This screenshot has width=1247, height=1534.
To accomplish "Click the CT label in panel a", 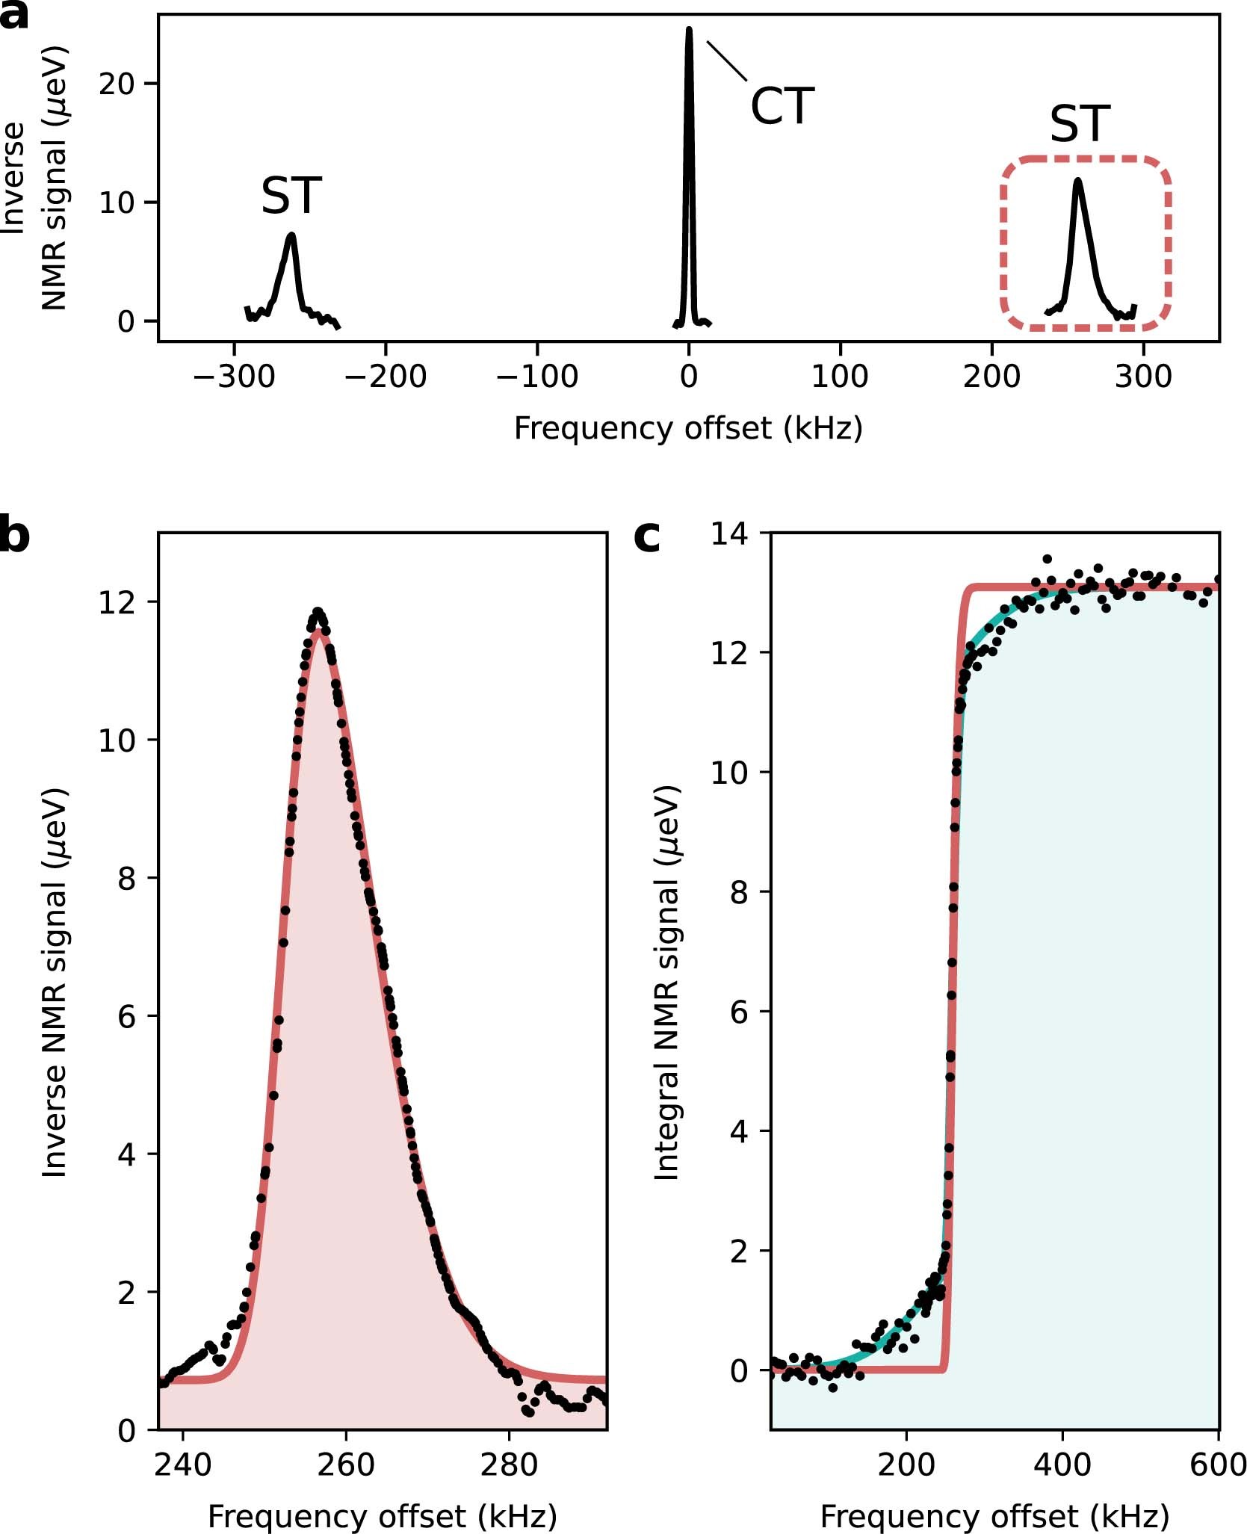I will [782, 106].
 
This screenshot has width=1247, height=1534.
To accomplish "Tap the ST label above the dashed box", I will [1080, 124].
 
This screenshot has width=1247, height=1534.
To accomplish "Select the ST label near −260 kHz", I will [291, 196].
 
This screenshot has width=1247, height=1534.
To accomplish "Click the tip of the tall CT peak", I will [689, 31].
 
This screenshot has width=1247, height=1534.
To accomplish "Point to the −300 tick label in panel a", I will [234, 376].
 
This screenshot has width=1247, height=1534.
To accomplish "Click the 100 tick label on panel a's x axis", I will [840, 376].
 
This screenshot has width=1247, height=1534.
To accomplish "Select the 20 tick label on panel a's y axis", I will [117, 84].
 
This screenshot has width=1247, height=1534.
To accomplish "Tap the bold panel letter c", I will [647, 535].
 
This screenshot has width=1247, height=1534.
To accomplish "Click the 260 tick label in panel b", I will [345, 1465].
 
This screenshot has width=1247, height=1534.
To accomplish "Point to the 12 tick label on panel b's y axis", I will [117, 602].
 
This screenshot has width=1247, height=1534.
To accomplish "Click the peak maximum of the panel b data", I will [318, 612].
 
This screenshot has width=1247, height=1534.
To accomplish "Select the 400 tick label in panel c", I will [1062, 1465].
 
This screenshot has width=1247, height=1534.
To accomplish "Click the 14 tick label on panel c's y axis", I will [728, 534].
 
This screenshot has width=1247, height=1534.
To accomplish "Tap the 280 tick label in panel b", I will [509, 1465].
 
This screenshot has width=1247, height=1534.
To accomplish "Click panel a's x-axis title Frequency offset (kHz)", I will [688, 429].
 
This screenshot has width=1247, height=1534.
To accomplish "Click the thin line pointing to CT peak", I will [726, 61].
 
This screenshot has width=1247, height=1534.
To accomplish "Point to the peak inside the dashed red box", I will [1077, 182].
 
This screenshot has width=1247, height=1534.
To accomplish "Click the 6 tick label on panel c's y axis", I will [738, 1012].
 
